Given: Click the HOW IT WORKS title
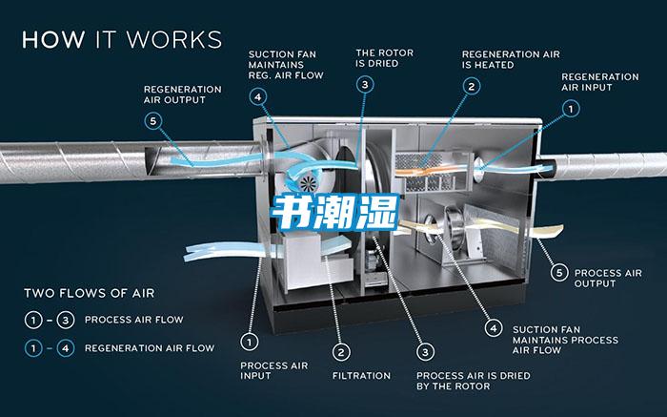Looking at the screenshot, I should (121, 39).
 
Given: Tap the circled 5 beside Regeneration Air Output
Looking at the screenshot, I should (153, 120).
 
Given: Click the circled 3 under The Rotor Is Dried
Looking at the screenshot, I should (365, 85).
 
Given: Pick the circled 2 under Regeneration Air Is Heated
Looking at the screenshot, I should (470, 86).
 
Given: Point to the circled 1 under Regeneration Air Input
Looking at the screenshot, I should (570, 110).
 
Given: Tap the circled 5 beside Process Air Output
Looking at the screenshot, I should (559, 273).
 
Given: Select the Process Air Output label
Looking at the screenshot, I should (609, 279).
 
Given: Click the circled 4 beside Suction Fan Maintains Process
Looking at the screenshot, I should (493, 327).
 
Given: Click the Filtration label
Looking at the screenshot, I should (361, 375).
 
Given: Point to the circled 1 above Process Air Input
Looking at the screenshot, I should (250, 340).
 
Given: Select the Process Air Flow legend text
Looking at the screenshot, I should (132, 320).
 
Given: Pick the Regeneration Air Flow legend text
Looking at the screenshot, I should (149, 347).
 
